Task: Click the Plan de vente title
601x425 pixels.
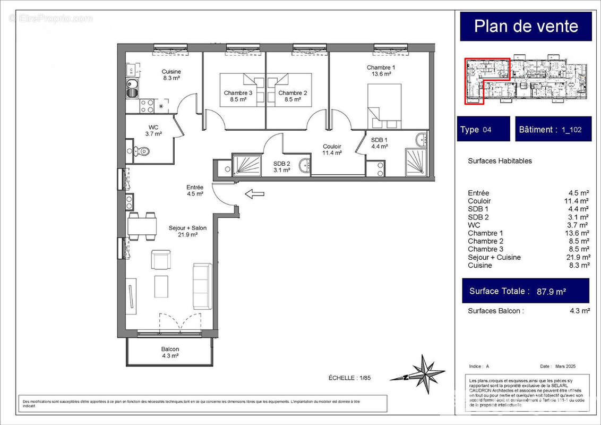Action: click(526, 26)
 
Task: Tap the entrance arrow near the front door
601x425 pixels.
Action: click(254, 194)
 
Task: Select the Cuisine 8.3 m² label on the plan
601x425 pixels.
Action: click(171, 75)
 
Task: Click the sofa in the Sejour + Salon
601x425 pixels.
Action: click(202, 286)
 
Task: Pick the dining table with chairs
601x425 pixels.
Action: click(142, 227)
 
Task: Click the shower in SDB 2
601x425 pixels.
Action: click(246, 165)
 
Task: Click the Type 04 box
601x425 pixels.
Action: click(483, 129)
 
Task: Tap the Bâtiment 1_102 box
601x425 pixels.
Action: click(553, 129)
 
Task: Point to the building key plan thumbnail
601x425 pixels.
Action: click(526, 80)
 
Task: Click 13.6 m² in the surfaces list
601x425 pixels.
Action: click(577, 233)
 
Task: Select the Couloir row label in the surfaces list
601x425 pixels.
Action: click(479, 201)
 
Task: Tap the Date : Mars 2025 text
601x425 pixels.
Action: click(557, 367)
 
